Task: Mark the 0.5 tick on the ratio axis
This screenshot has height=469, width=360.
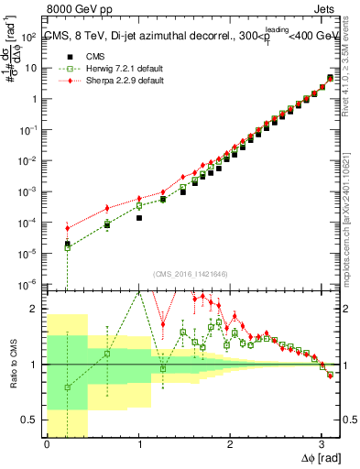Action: click(31, 420)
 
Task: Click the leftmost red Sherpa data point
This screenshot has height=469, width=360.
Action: click(67, 228)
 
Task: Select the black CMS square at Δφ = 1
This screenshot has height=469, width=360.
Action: click(139, 218)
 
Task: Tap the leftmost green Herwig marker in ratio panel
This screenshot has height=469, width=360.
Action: click(67, 387)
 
